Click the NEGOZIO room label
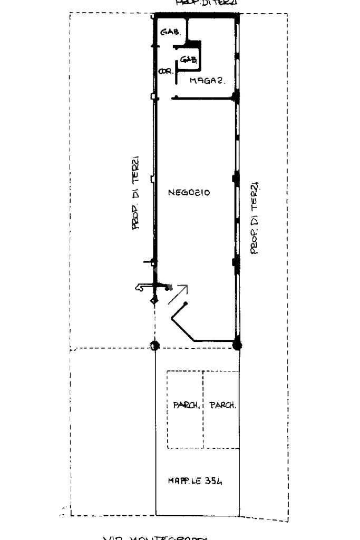pyautogui.click(x=189, y=193)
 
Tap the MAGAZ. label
pyautogui.click(x=208, y=81)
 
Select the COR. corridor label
pyautogui.click(x=166, y=72)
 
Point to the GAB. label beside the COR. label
pyautogui.click(x=188, y=60)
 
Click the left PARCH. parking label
pyautogui.click(x=186, y=405)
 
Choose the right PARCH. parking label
pyautogui.click(x=222, y=405)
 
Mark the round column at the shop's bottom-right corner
pyautogui.click(x=237, y=346)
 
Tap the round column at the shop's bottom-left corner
pyautogui.click(x=154, y=346)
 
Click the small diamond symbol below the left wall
pyautogui.click(x=154, y=300)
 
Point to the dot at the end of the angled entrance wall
pyautogui.click(x=186, y=304)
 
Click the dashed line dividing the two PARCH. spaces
pyautogui.click(x=203, y=410)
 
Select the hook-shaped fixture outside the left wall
pyautogui.click(x=142, y=287)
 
